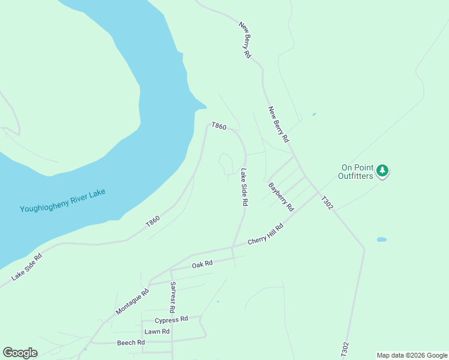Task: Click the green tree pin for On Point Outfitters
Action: pyautogui.click(x=382, y=172)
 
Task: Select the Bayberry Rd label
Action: pyautogui.click(x=281, y=197)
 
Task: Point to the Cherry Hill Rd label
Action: pyautogui.click(x=265, y=234)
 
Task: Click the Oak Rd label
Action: pyautogui.click(x=202, y=264)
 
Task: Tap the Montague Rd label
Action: pyautogui.click(x=132, y=303)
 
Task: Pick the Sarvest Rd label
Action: pyautogui.click(x=172, y=297)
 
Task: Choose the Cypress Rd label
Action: pyautogui.click(x=171, y=320)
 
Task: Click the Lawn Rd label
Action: pyautogui.click(x=157, y=331)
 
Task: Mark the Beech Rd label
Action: pyautogui.click(x=131, y=343)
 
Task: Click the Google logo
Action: pyautogui.click(x=20, y=353)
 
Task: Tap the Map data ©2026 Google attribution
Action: pyautogui.click(x=412, y=355)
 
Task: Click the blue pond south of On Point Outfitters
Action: pyautogui.click(x=382, y=239)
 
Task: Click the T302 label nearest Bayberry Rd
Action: pyautogui.click(x=327, y=203)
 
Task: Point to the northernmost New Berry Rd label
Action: pyautogui.click(x=245, y=40)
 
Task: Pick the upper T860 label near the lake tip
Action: pyautogui.click(x=218, y=127)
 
